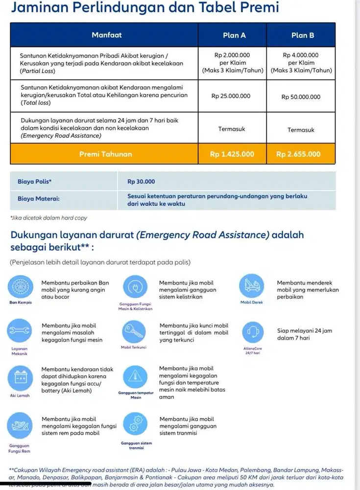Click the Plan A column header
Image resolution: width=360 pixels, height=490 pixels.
tap(234, 35)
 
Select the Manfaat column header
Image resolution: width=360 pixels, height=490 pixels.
tap(106, 35)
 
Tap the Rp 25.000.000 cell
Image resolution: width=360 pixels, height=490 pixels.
tap(231, 97)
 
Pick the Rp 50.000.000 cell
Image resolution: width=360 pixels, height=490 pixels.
tap(301, 97)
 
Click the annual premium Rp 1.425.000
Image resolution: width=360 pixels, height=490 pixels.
tap(232, 154)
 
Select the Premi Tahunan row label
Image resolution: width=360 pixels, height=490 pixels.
tap(105, 154)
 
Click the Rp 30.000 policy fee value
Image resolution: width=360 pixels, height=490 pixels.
tap(141, 181)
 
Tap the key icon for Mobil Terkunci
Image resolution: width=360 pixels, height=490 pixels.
tap(133, 332)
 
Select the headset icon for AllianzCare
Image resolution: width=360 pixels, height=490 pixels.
tap(251, 332)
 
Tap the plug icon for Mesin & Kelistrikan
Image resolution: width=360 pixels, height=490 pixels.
tap(133, 288)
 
